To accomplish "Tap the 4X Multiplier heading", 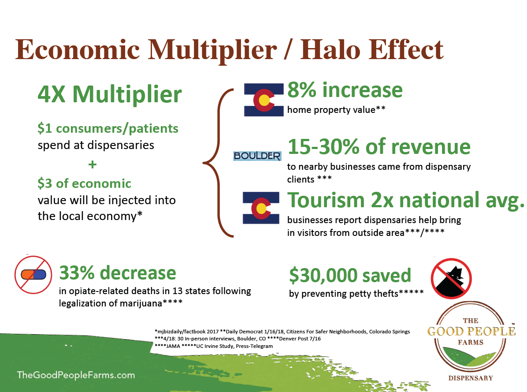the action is coord(110,94).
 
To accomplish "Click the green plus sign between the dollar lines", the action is coord(93,164).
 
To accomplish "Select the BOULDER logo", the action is coord(257,156).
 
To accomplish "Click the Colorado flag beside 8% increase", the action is coord(264,100).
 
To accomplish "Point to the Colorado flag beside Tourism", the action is coord(261,208).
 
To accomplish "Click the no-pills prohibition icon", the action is coord(33,274).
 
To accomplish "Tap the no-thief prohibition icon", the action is coord(451,278).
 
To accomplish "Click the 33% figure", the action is coord(77,273).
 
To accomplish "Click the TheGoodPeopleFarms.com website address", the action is coord(76,375).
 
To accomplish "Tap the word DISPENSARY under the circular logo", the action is coord(471,378).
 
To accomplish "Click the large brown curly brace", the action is coord(218,163).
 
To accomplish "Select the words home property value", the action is coord(331,110).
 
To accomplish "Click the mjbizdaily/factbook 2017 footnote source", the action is coord(186,332).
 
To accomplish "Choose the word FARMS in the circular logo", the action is coord(471,342).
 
